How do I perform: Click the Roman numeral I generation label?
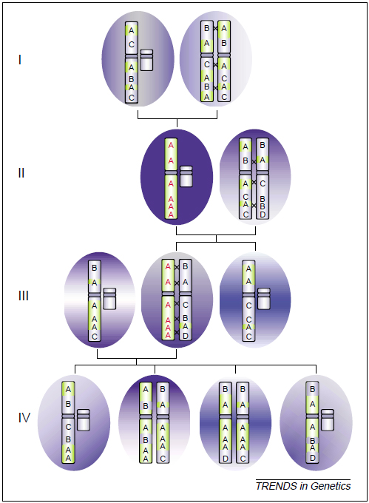(20, 60)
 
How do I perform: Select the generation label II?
(21, 173)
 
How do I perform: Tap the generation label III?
(24, 295)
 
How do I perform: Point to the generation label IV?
(24, 418)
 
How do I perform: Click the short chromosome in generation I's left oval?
(146, 60)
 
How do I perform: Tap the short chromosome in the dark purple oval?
(186, 177)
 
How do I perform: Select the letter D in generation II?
(263, 215)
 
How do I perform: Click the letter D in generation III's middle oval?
(186, 336)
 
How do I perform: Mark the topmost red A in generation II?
(171, 145)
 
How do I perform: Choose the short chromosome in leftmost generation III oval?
(109, 299)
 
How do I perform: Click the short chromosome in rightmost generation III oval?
(264, 299)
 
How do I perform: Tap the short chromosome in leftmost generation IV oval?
(84, 420)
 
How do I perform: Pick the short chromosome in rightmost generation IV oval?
(328, 420)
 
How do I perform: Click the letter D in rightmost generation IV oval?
(313, 458)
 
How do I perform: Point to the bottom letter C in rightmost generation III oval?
(248, 337)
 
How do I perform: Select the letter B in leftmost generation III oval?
(94, 268)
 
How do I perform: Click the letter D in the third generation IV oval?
(226, 459)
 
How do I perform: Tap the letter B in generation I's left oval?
(131, 78)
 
